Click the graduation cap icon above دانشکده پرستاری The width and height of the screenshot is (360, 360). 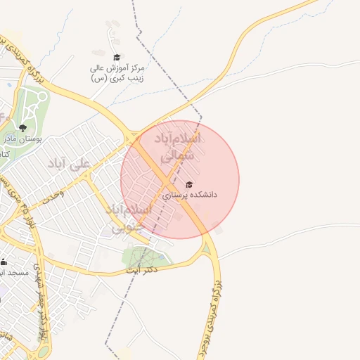[188, 184]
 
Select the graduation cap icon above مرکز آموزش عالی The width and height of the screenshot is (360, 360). [117, 58]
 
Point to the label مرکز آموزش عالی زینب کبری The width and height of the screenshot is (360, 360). [117, 74]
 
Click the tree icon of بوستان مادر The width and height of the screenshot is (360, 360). [23, 128]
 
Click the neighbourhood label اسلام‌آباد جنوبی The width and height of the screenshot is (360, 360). [128, 217]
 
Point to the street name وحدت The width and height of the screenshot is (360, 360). [51, 194]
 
